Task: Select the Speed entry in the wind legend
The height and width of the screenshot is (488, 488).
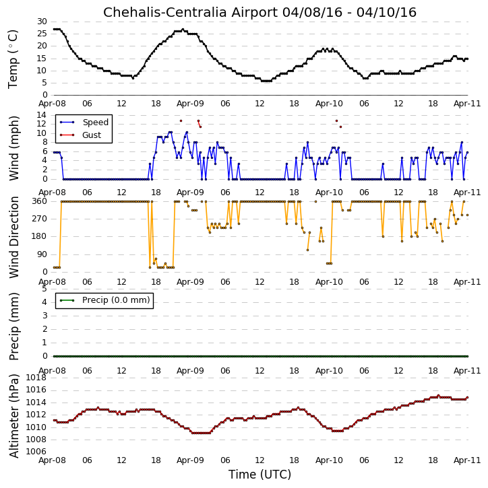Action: pyautogui.click(x=95, y=123)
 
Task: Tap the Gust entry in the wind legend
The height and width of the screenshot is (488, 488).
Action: pyautogui.click(x=92, y=135)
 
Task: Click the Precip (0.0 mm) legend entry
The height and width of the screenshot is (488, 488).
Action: pyautogui.click(x=116, y=300)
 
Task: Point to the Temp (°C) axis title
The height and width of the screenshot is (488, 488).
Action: pyautogui.click(x=13, y=59)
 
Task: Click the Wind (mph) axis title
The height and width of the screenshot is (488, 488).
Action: pyautogui.click(x=14, y=148)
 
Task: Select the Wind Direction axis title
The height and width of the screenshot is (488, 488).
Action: pyautogui.click(x=14, y=237)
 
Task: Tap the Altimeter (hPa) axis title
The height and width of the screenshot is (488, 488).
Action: pyautogui.click(x=14, y=416)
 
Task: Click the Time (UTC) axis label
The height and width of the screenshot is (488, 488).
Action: pyautogui.click(x=260, y=475)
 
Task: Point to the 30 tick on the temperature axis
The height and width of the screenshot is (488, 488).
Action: pyautogui.click(x=42, y=22)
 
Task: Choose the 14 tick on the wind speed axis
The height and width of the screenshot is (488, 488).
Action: pyautogui.click(x=42, y=115)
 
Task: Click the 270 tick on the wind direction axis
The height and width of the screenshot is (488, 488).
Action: pyautogui.click(x=40, y=219)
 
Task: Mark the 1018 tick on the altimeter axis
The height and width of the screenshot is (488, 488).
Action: pyautogui.click(x=36, y=378)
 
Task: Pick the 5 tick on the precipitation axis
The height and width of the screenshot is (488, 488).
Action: pyautogui.click(x=44, y=289)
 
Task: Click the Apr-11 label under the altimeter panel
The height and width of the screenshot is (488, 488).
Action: pyautogui.click(x=467, y=460)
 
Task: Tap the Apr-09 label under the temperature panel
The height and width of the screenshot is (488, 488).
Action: pyautogui.click(x=190, y=104)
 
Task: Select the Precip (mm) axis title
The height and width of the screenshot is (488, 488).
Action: pyautogui.click(x=14, y=326)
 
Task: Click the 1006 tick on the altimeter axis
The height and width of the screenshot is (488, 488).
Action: pyautogui.click(x=36, y=452)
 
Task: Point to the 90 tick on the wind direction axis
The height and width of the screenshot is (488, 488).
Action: pyautogui.click(x=42, y=254)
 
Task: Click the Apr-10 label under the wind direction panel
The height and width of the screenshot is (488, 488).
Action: pyautogui.click(x=329, y=282)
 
